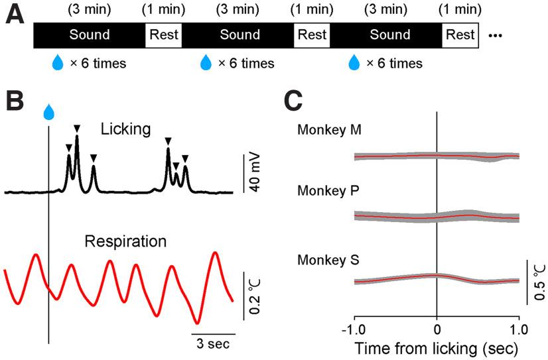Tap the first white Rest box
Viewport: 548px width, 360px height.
(x=164, y=34)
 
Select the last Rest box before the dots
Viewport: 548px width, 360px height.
(x=460, y=34)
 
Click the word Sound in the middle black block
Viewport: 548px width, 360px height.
(x=240, y=34)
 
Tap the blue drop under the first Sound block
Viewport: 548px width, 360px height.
(x=58, y=64)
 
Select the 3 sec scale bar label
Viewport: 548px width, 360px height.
(x=212, y=345)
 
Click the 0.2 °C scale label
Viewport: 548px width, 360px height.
(x=253, y=294)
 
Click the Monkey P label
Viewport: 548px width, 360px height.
(x=329, y=191)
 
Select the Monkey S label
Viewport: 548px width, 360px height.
(x=329, y=261)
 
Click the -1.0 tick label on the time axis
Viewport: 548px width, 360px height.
(x=354, y=328)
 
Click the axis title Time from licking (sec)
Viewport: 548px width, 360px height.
(x=437, y=347)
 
